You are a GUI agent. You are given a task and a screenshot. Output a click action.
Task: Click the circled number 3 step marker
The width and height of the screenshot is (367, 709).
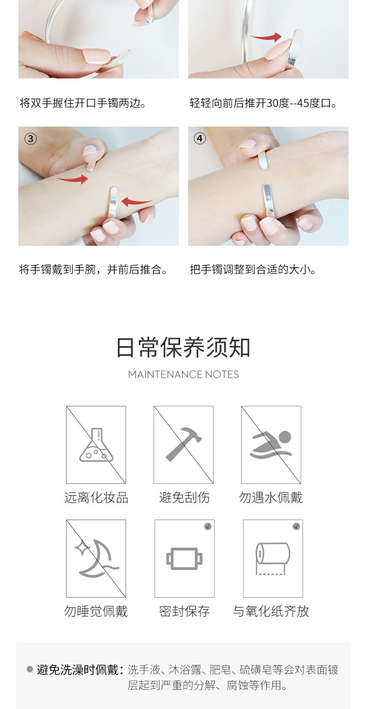pyautogui.click(x=30, y=138)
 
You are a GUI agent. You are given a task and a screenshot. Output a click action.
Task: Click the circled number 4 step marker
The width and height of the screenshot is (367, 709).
pyautogui.click(x=200, y=138)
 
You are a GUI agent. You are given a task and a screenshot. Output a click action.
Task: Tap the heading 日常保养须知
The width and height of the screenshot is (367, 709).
pyautogui.click(x=183, y=348)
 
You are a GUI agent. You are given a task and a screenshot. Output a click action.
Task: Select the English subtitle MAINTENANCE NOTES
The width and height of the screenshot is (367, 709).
pyautogui.click(x=183, y=374)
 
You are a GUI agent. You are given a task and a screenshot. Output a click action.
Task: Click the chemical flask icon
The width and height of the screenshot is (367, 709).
pyautogui.click(x=96, y=445)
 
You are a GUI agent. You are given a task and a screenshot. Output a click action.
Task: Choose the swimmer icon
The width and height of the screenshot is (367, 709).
pyautogui.click(x=271, y=444)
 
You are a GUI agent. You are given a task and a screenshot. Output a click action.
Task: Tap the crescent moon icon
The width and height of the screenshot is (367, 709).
pyautogui.click(x=96, y=558)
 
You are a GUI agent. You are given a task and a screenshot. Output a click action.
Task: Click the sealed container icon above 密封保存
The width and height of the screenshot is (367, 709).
pyautogui.click(x=184, y=559)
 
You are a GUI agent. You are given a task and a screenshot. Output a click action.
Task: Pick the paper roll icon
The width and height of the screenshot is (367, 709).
pyautogui.click(x=272, y=559)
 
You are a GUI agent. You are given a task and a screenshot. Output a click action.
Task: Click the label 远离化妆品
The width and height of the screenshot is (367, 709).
pyautogui.click(x=96, y=498)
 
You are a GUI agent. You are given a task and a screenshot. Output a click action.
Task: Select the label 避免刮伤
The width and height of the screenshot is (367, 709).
pyautogui.click(x=184, y=498)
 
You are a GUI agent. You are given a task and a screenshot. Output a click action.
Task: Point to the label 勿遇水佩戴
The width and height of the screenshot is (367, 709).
pyautogui.click(x=271, y=498)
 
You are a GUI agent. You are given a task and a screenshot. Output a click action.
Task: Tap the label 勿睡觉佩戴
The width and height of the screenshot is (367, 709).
pyautogui.click(x=96, y=611)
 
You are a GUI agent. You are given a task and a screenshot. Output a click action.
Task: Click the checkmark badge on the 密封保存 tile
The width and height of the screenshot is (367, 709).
pyautogui.click(x=208, y=526)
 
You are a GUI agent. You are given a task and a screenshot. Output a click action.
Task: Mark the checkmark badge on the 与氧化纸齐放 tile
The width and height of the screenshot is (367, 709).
pyautogui.click(x=296, y=526)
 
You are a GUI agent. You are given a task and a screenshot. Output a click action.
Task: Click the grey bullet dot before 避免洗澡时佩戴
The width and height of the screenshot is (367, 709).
pyautogui.click(x=30, y=669)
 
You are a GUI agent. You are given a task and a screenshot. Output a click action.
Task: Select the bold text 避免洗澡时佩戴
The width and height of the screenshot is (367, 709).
pyautogui.click(x=78, y=670)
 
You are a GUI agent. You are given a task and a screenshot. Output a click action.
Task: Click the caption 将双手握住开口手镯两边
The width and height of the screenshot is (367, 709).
pyautogui.click(x=83, y=103)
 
